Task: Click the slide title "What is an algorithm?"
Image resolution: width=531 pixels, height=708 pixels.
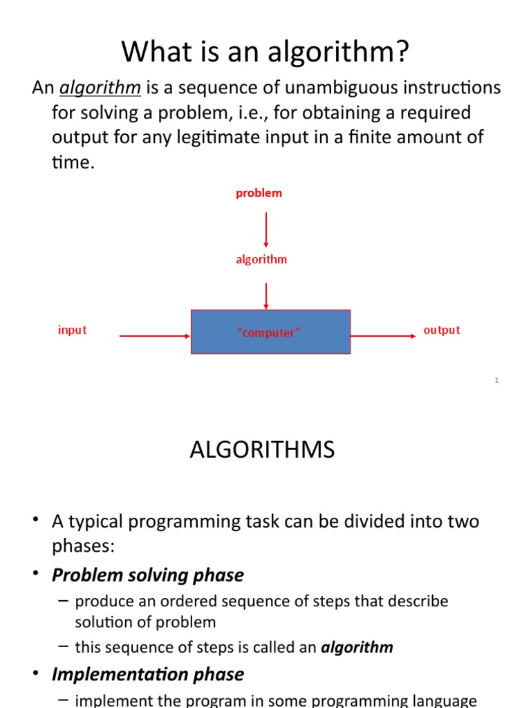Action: (x=265, y=52)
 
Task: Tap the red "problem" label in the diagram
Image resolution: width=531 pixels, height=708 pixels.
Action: (x=259, y=194)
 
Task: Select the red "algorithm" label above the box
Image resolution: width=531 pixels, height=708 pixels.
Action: (x=261, y=260)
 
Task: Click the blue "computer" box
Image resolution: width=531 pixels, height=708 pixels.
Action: (x=270, y=333)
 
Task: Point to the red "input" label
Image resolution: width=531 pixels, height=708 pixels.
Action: (x=72, y=330)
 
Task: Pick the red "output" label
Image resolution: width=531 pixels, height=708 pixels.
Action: (x=441, y=330)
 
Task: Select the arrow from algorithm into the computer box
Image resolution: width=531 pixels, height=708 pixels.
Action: (x=266, y=295)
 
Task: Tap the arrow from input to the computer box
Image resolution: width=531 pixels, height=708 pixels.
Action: (x=155, y=336)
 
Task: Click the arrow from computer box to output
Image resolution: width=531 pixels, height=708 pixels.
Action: (x=383, y=336)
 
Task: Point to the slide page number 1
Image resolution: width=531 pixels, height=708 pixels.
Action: (x=496, y=380)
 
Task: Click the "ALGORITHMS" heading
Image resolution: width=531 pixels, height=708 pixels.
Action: (x=262, y=450)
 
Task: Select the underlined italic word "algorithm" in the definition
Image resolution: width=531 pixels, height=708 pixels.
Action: (x=100, y=88)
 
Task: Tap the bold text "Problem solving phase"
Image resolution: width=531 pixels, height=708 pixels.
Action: (x=148, y=575)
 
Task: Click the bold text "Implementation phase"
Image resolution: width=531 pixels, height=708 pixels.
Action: (x=148, y=674)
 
